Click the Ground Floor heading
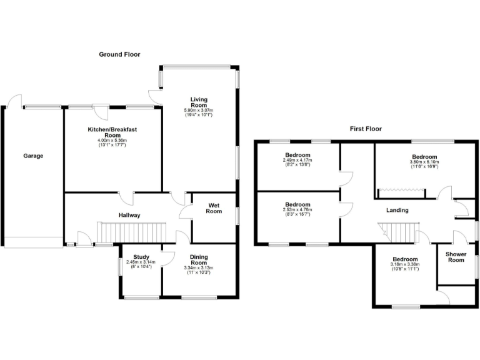pyautogui.click(x=119, y=54)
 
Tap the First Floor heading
pyautogui.click(x=366, y=129)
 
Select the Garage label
pyautogui.click(x=33, y=156)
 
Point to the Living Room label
pyautogui.click(x=199, y=102)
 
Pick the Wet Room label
pyautogui.click(x=214, y=207)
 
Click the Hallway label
pyautogui.click(x=129, y=215)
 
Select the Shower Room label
pyautogui.click(x=455, y=257)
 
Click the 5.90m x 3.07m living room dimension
pyautogui.click(x=199, y=111)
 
